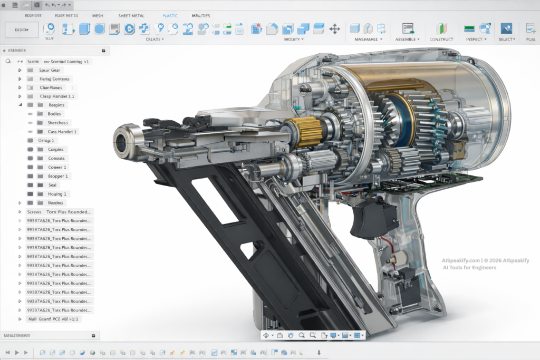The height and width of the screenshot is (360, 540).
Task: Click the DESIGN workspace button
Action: (21, 30)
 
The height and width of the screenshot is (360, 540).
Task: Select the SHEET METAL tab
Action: (131, 16)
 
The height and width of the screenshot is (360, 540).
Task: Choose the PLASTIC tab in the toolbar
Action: (170, 16)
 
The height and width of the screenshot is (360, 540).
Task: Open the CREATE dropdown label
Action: (155, 40)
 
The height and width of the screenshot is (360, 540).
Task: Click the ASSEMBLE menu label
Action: (407, 40)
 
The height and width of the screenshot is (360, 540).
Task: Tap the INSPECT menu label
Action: (476, 40)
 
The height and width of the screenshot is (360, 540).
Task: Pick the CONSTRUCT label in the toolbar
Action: (441, 40)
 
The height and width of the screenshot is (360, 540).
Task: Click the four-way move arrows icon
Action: (334, 28)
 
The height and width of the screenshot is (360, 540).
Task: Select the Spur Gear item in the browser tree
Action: (50, 70)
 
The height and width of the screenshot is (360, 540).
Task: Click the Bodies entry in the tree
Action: (54, 114)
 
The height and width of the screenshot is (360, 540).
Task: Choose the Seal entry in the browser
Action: (52, 185)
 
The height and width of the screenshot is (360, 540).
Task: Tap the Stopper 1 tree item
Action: (57, 176)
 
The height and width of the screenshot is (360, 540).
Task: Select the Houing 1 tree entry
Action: (57, 194)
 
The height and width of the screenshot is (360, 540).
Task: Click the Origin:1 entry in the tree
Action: (46, 141)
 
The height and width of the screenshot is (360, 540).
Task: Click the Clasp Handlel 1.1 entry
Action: (57, 96)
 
